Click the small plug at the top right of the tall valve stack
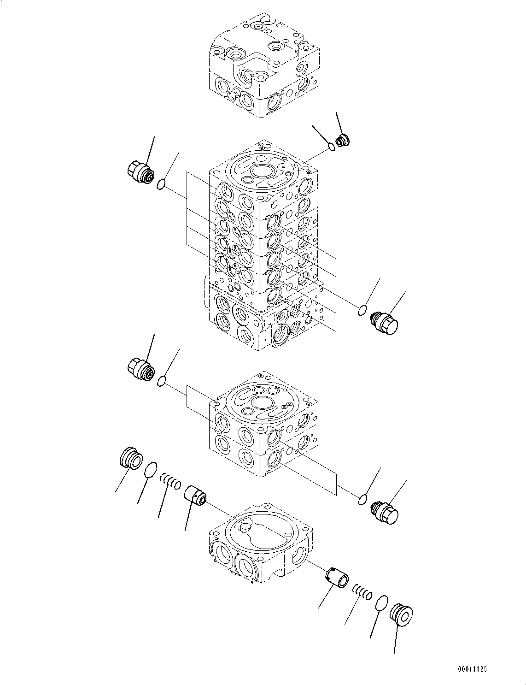(x=343, y=141)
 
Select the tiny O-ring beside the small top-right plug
(x=332, y=147)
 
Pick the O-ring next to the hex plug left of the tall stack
(x=161, y=185)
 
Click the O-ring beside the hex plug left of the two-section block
(x=161, y=381)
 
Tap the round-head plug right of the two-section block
(x=386, y=513)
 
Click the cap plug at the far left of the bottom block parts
(x=131, y=458)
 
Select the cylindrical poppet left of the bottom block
(x=195, y=496)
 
